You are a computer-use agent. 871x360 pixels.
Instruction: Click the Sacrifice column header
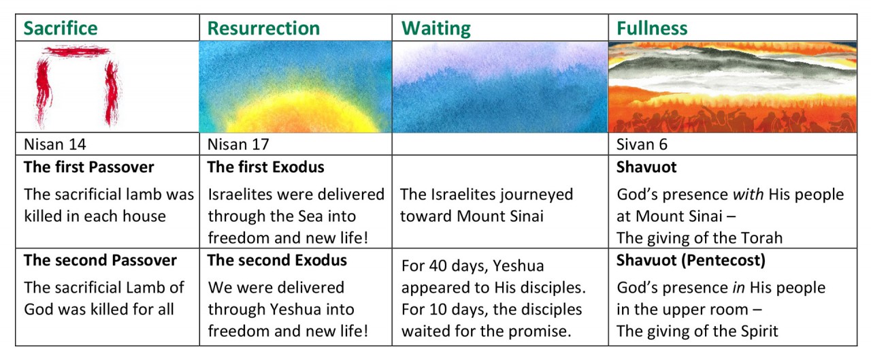[x=61, y=28]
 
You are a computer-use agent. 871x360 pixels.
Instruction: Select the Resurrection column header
[x=263, y=28]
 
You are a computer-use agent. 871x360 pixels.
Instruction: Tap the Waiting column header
[x=436, y=29]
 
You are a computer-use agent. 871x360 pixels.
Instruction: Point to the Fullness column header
[x=652, y=28]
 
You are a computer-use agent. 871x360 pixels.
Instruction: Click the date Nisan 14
[x=55, y=144]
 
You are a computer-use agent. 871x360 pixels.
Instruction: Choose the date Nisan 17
[x=238, y=144]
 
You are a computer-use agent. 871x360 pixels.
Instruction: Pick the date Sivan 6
[x=642, y=144]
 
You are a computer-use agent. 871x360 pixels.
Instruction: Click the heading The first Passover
[x=89, y=167]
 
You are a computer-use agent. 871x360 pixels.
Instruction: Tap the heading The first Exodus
[x=265, y=167]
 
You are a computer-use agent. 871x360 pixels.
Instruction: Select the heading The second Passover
[x=100, y=260]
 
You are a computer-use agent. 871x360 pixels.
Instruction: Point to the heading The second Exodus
[x=277, y=260]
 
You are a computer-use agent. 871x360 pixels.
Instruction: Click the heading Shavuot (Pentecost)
[x=691, y=261]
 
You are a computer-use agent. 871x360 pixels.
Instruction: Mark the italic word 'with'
[x=748, y=195]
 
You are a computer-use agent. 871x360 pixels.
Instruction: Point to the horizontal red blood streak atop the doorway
[x=77, y=51]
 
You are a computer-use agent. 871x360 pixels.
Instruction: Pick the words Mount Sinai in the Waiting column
[x=500, y=216]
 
